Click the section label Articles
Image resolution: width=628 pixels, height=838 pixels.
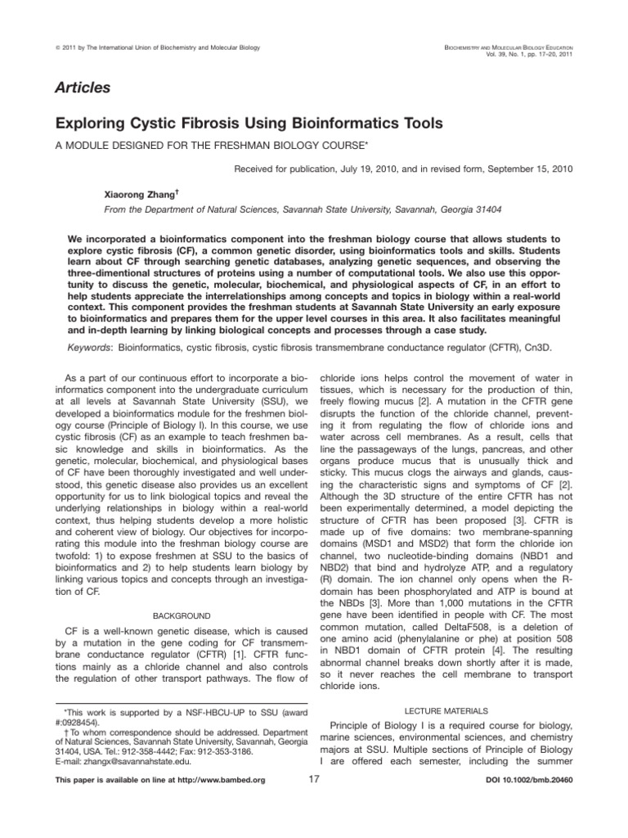[83, 87]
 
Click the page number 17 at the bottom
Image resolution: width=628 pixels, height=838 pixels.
[313, 802]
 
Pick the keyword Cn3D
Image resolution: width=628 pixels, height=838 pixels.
[537, 347]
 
